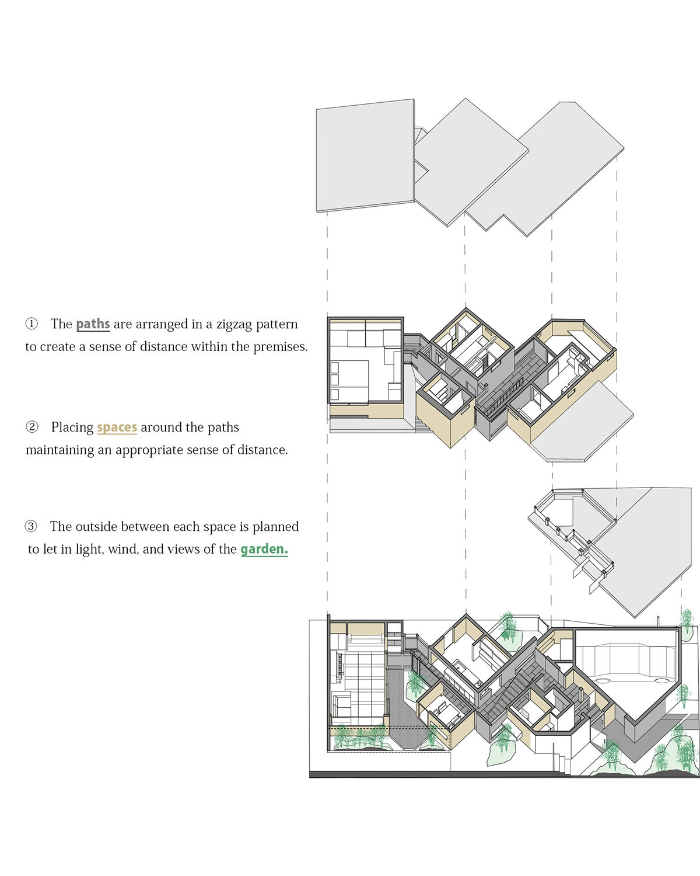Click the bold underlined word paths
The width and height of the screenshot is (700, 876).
tap(93, 324)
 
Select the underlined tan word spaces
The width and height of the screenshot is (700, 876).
tap(117, 427)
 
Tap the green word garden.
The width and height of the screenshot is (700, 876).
tap(264, 549)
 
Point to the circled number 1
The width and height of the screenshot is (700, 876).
tap(32, 324)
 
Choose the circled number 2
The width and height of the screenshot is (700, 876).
tap(32, 426)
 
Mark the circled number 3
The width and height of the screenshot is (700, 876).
tap(31, 526)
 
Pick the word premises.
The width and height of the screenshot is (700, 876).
tap(281, 346)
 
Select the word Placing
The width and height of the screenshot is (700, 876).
tap(72, 427)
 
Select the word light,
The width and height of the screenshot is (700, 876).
tap(89, 550)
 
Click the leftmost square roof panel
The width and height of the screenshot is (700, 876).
tap(365, 155)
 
